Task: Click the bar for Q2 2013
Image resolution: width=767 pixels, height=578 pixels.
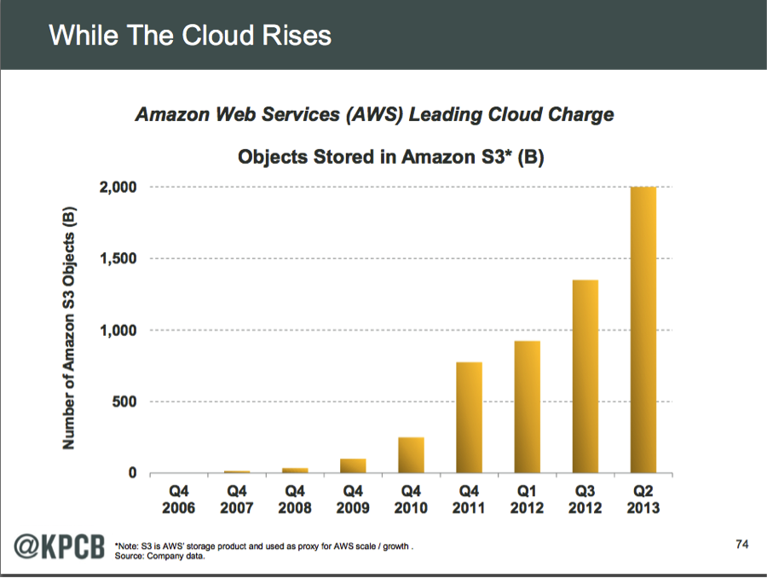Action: pos(643,330)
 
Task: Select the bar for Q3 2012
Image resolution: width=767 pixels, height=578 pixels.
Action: pos(585,376)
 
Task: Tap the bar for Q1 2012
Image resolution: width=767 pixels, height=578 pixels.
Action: pos(527,407)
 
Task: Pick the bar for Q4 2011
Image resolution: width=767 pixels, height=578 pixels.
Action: pos(469,417)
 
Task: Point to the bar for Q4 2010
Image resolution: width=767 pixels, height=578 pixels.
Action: pos(411,454)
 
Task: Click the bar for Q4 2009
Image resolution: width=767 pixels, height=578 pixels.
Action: pos(353,465)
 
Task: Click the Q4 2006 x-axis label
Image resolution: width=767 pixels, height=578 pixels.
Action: pos(179,499)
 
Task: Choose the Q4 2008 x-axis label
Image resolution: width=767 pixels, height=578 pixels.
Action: pos(295,499)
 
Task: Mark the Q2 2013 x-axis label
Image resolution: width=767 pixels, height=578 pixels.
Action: pos(643,499)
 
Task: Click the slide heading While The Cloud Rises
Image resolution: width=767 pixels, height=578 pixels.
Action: pos(189,35)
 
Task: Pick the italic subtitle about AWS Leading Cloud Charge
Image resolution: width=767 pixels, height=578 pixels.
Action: pos(374,114)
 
